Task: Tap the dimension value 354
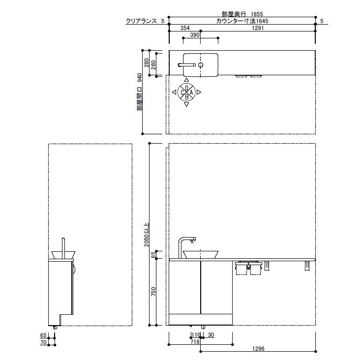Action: point(185,28)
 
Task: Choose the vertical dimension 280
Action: point(147,63)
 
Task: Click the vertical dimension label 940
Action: point(140,78)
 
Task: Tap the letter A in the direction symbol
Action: point(191,92)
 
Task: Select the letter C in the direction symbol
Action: point(182,92)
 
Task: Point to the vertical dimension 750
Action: point(153,292)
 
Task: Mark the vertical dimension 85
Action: point(153,255)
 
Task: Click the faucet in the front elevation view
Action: point(186,243)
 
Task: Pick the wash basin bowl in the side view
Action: point(61,255)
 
